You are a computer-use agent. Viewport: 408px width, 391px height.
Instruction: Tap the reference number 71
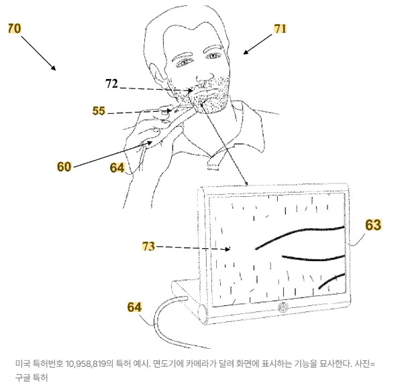click(x=280, y=28)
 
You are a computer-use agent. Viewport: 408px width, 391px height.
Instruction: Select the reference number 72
click(x=111, y=84)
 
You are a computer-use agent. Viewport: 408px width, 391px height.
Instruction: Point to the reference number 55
click(x=99, y=111)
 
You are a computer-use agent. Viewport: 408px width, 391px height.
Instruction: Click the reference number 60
click(x=64, y=167)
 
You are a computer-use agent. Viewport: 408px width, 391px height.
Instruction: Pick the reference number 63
click(x=373, y=225)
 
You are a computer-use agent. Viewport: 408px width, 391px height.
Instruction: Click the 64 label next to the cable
click(x=135, y=307)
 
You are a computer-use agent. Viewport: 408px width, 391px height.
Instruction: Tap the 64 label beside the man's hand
click(x=117, y=167)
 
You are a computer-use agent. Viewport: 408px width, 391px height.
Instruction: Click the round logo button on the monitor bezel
click(x=283, y=307)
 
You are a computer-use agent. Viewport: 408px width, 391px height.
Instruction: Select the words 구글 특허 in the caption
click(x=30, y=377)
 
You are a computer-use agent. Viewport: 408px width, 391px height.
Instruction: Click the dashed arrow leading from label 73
click(x=195, y=248)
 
